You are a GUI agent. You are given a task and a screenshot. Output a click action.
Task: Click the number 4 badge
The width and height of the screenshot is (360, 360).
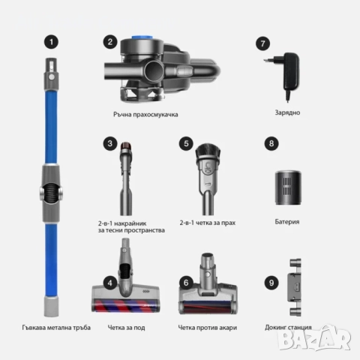pos(110,283)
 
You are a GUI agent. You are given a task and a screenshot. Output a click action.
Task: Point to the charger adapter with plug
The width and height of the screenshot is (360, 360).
pos(292,74)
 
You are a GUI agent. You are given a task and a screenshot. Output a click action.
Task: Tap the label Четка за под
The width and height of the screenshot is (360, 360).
pos(133,327)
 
